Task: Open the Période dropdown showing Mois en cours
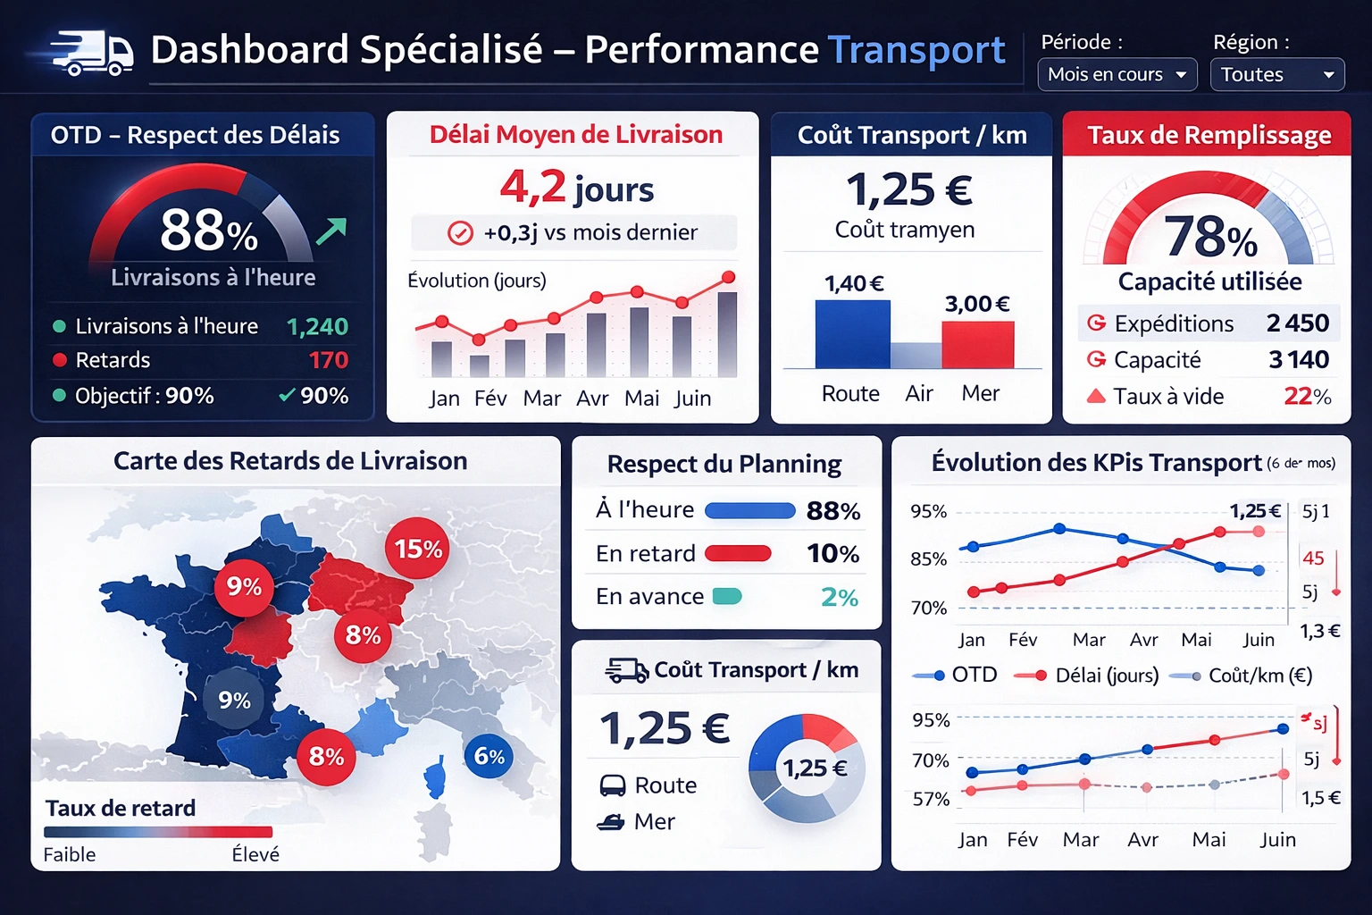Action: click(1117, 75)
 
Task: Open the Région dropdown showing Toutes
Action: click(1276, 75)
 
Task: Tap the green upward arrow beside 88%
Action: click(331, 231)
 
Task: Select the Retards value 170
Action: click(328, 360)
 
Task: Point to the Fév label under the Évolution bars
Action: click(490, 399)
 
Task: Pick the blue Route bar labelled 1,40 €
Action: click(852, 334)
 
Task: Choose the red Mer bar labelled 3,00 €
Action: click(977, 344)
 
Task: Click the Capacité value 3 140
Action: click(1299, 360)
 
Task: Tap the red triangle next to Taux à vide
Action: click(1096, 396)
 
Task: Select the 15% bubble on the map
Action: click(417, 549)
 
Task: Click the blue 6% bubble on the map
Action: click(489, 756)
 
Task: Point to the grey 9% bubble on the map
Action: click(234, 700)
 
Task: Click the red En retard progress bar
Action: click(738, 554)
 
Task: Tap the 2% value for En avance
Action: click(839, 597)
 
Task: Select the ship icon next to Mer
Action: click(611, 822)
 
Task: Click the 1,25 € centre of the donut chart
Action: click(814, 768)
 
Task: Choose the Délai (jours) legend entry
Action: click(1087, 676)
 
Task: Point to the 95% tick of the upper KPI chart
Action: click(928, 511)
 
